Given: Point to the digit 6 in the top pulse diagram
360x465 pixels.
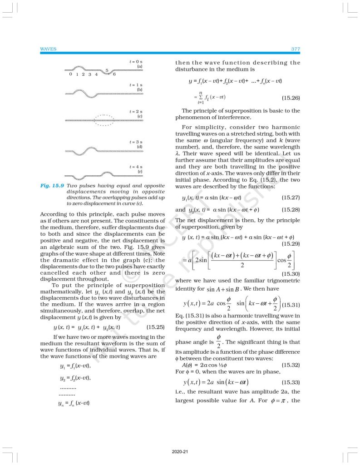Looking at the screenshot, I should (x=114, y=74).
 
